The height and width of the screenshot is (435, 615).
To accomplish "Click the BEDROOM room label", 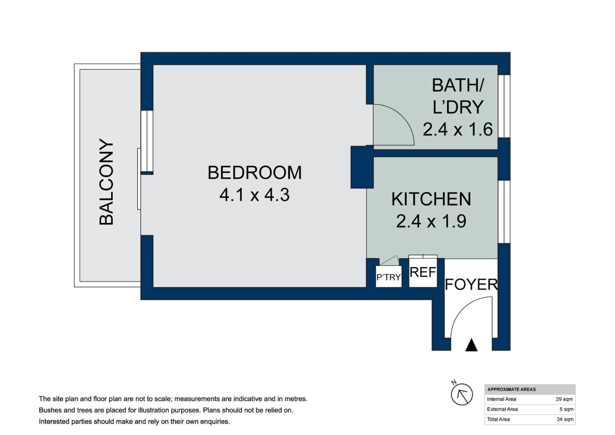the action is coord(254,173).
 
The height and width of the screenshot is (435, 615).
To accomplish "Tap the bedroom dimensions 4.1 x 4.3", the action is coord(254,195).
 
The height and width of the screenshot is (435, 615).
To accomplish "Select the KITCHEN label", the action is coord(431,199).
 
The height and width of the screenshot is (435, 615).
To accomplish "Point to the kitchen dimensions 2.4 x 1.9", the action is coord(431,221).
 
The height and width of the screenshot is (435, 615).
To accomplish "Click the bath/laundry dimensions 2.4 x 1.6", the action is coord(458,130).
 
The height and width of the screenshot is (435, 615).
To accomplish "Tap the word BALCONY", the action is coord(106,182).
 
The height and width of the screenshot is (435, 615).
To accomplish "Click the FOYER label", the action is coord(471,284).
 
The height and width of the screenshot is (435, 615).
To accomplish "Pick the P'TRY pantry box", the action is coord(388,277).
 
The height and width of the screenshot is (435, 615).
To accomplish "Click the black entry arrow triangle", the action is coord(471,345).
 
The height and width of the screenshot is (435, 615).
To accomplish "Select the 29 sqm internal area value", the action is coord(564,399).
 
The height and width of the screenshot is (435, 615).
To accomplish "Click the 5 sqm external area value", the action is coord(567,409).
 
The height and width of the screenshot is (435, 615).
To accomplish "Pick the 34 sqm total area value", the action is coord(565,419).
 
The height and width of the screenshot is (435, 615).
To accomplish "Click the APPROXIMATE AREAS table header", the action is coord(511,390).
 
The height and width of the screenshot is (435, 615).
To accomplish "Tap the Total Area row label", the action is coord(498,419).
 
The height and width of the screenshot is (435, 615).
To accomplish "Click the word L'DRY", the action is coord(458,107).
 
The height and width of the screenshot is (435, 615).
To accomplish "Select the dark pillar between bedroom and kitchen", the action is coord(362,167).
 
